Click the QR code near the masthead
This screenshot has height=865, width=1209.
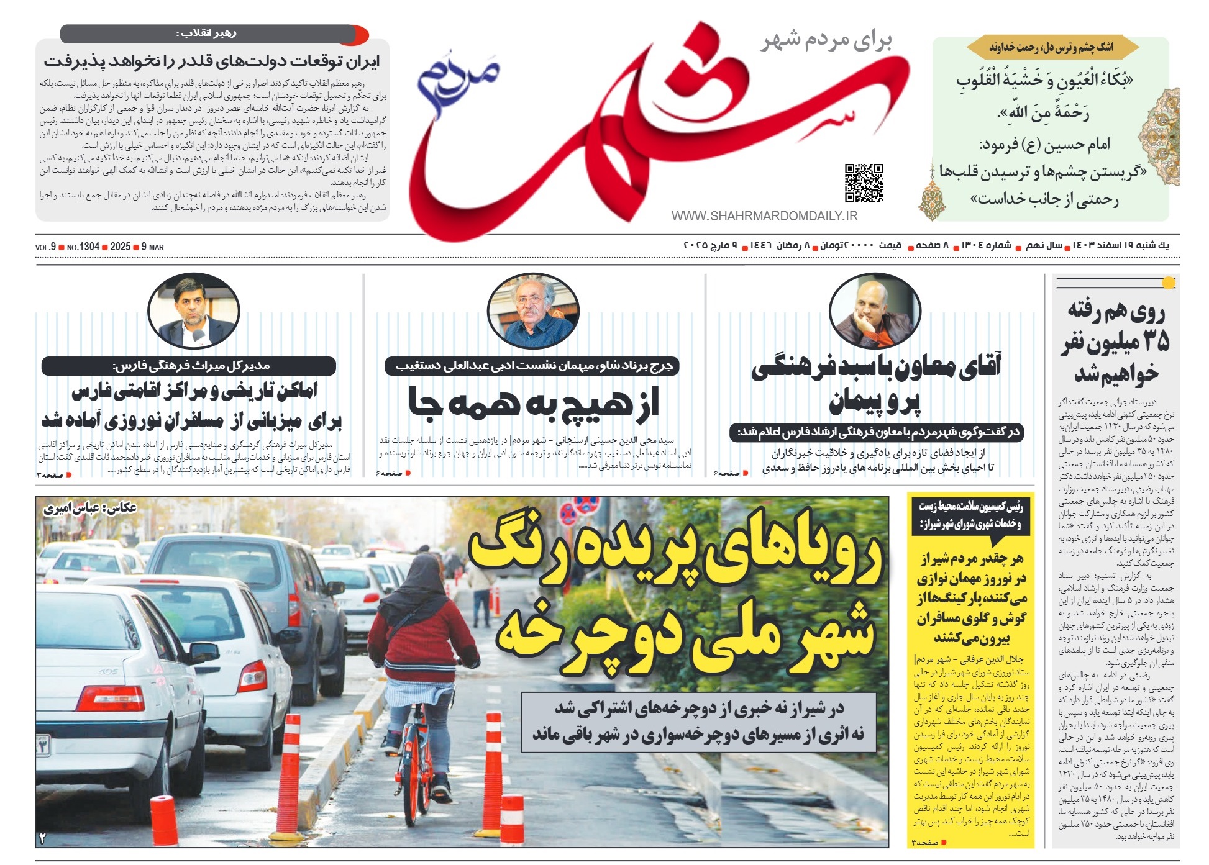point(864,183)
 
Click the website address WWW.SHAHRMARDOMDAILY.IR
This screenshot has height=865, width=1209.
point(764,216)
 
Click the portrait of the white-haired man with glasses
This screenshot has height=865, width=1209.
point(533,310)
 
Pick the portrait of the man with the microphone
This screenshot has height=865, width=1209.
point(193,310)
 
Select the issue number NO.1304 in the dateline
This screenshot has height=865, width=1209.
point(83,247)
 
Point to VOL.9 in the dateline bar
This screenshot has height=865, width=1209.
point(45,247)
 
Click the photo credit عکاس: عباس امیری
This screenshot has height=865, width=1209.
point(89,509)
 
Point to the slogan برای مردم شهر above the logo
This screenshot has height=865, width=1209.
point(826,41)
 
